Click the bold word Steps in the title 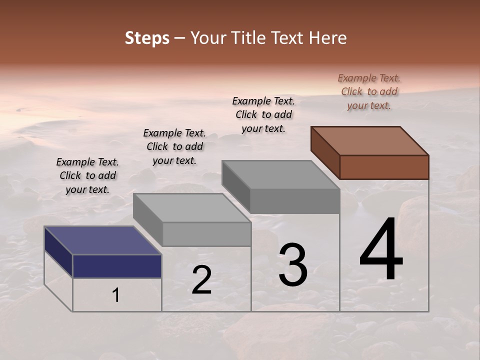[147, 38]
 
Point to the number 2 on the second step [201, 280]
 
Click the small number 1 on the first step [116, 295]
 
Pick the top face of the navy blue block [102, 240]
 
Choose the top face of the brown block [369, 140]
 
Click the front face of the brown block [384, 167]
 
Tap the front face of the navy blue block [117, 266]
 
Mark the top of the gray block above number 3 [280, 174]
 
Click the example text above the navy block [87, 175]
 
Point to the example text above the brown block [369, 91]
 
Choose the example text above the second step [174, 146]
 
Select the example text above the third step [263, 114]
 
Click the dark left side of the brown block [325, 152]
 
